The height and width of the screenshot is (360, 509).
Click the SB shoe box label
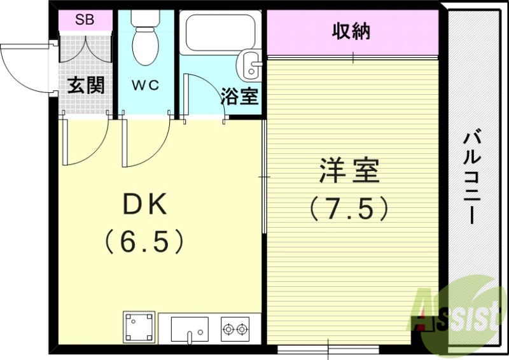[85, 20]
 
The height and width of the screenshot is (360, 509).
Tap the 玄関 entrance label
[86, 85]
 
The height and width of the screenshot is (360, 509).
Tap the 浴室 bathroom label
[239, 97]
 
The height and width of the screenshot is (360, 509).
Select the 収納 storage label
[351, 31]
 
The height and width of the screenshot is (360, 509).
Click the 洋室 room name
[349, 170]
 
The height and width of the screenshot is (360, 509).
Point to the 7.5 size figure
[349, 208]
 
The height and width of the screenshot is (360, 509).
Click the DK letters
[144, 204]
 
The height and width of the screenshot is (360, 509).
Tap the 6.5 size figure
[144, 241]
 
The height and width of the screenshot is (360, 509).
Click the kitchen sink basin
[190, 329]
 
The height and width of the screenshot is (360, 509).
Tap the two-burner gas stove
[235, 329]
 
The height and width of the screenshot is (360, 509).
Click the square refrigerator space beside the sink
[139, 328]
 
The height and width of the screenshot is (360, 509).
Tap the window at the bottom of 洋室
[328, 349]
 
